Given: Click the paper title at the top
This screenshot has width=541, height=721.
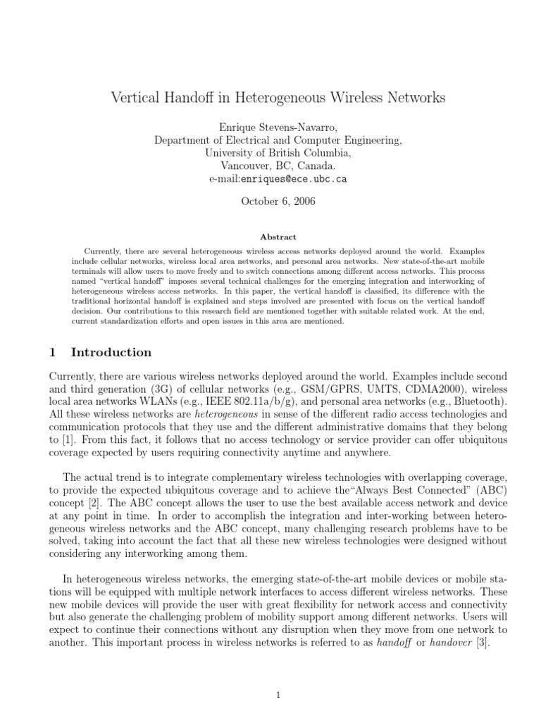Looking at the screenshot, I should [x=278, y=98].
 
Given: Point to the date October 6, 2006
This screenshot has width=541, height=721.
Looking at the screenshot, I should [x=278, y=201].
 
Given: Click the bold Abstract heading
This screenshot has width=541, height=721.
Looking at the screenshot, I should [x=278, y=237].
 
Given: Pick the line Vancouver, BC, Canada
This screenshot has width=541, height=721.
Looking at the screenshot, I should [x=278, y=166].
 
